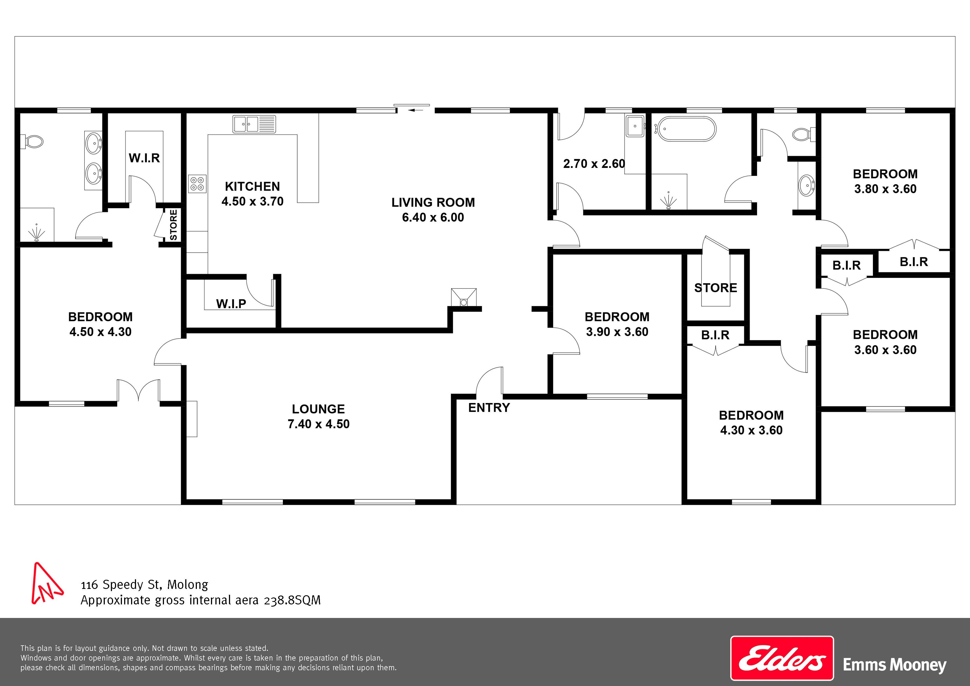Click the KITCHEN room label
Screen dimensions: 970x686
(252, 186)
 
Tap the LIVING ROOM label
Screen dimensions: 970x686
(433, 202)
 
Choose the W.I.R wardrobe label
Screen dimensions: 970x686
(144, 158)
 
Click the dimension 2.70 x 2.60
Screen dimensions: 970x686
(594, 163)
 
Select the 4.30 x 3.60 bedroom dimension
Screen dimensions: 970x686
(751, 430)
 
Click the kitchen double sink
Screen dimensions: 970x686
(254, 124)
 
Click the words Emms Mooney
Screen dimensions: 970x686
(895, 665)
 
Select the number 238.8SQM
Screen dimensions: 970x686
(292, 600)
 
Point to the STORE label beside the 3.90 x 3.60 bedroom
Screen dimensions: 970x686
(716, 288)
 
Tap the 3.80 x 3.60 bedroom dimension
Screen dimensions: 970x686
(885, 189)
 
